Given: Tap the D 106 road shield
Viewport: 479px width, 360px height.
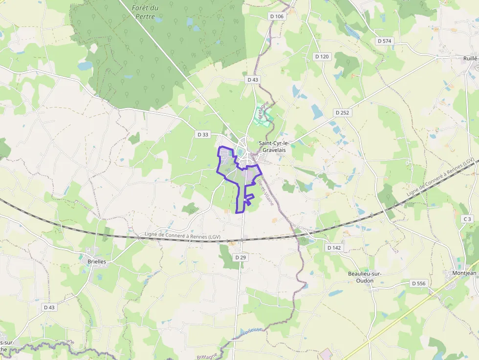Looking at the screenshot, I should [x=276, y=17].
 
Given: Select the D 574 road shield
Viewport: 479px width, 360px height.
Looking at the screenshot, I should [x=385, y=41].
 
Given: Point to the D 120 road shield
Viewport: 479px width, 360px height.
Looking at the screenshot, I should [x=322, y=57].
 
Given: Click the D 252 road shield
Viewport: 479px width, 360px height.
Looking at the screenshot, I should [x=343, y=112].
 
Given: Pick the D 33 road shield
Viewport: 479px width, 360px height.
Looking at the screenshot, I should [x=202, y=134].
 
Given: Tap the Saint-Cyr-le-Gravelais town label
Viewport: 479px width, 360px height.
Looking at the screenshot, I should [x=274, y=147].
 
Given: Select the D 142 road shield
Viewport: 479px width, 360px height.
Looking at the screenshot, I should [x=334, y=248].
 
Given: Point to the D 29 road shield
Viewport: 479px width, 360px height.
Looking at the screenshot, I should [x=239, y=257].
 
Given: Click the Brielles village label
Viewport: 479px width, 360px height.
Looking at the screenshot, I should [x=97, y=261].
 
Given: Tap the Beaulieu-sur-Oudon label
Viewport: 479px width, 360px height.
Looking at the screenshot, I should [x=365, y=277].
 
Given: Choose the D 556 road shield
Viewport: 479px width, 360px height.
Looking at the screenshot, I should [x=419, y=283].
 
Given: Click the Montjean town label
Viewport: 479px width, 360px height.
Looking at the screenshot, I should [x=464, y=273].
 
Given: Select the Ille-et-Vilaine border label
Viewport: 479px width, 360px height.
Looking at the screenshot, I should [x=264, y=190].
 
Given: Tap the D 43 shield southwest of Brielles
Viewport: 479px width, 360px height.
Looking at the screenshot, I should [x=49, y=307].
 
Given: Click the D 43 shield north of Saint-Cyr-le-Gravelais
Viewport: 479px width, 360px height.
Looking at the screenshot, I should [x=252, y=79].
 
